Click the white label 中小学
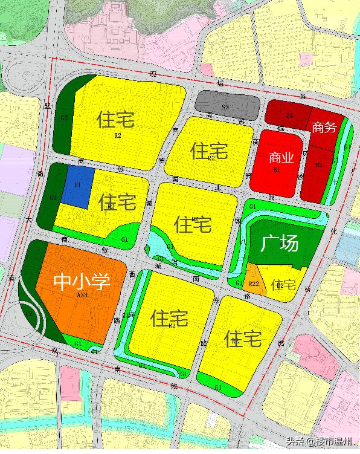[82, 282]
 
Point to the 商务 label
[324, 127]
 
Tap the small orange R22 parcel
[254, 284]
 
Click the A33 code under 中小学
[82, 295]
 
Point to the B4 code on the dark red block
[290, 115]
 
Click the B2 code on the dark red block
[320, 164]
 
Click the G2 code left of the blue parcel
[53, 198]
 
